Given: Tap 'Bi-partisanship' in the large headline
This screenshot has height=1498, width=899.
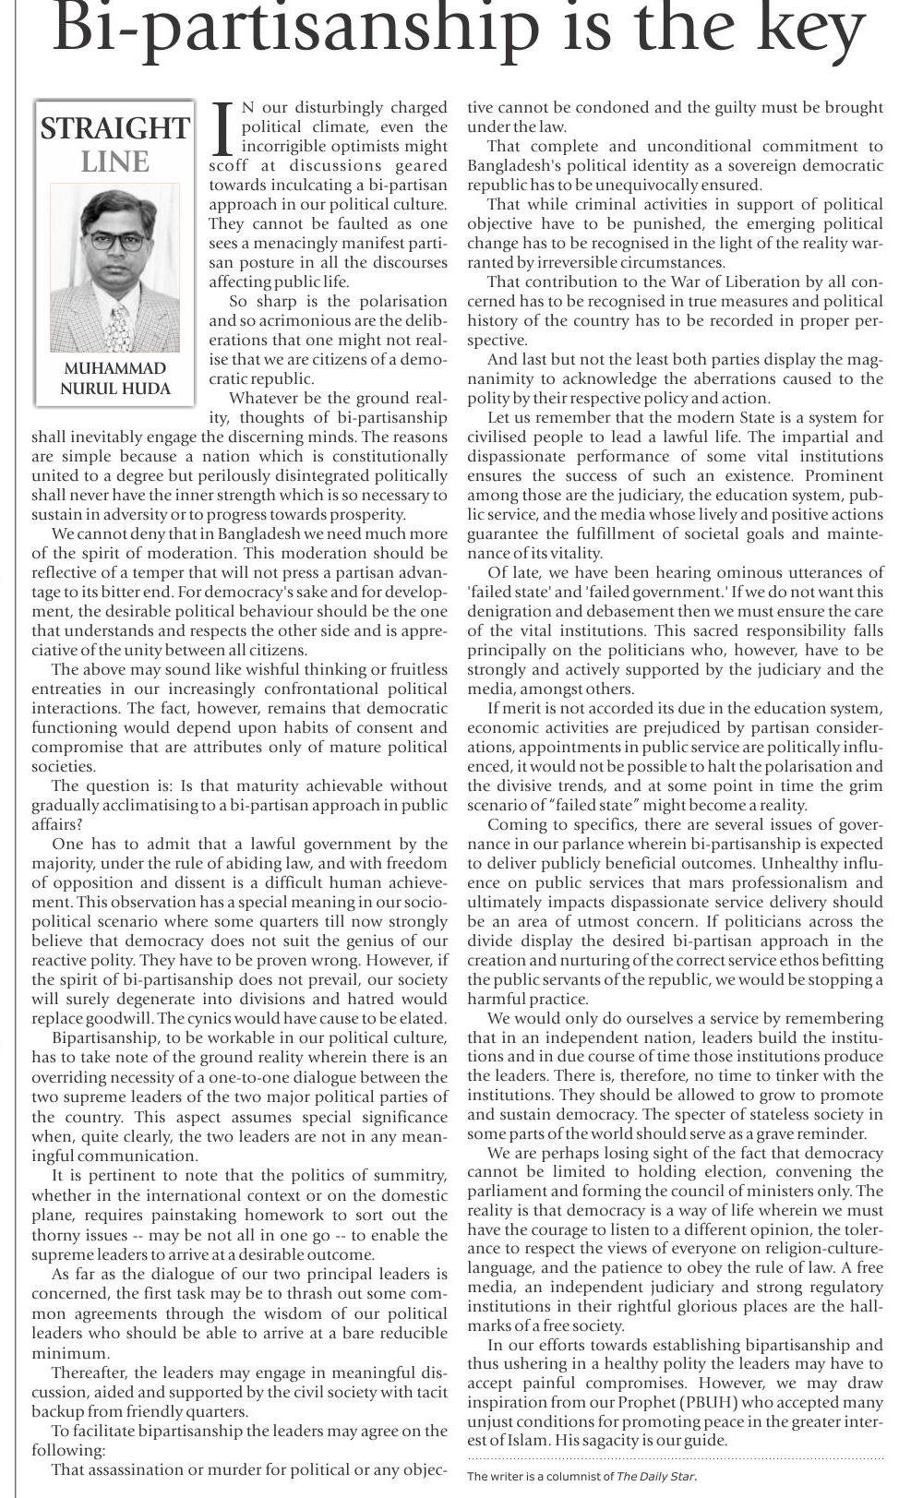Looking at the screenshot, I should [295, 30].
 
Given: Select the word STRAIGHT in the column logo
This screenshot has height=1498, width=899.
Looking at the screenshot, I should [115, 128].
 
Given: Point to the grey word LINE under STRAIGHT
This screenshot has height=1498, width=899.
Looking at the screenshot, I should [115, 162].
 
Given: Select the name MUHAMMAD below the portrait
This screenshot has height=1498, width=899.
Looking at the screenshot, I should [115, 368].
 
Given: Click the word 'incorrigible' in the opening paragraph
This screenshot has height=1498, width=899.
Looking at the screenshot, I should [287, 147].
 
